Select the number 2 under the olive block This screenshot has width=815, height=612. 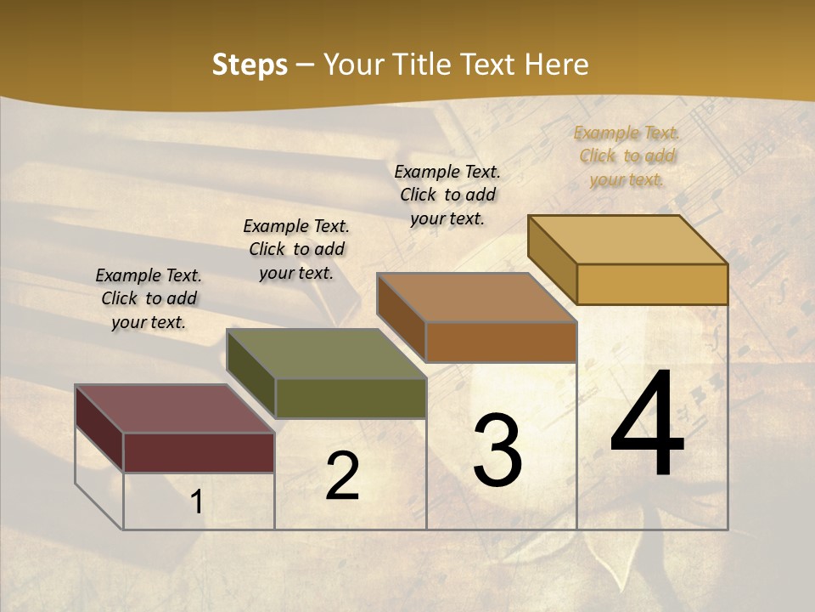point(342,476)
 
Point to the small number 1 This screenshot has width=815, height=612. point(196,502)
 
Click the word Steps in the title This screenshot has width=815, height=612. point(250,65)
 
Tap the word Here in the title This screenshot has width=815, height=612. point(557,65)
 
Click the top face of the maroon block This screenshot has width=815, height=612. point(173,409)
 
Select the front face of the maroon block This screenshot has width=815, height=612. point(199,452)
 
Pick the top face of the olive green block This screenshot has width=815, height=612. point(326,354)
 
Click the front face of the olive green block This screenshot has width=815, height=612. point(351,398)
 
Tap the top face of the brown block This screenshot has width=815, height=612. point(476,297)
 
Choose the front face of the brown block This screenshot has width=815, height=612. point(501,342)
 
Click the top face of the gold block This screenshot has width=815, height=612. point(627,240)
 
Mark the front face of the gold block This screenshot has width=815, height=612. point(652,284)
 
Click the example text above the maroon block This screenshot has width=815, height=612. point(149,298)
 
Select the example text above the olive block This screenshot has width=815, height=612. point(296,249)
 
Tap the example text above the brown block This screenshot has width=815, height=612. point(447,195)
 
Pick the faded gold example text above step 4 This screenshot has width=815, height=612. point(627,156)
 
